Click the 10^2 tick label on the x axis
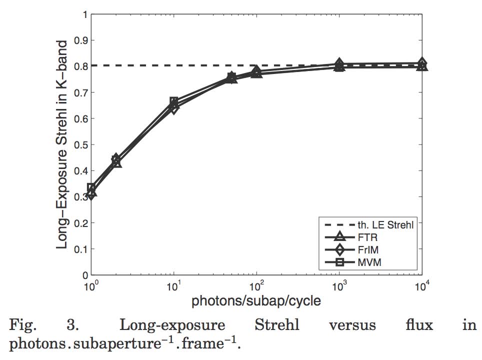click(256, 287)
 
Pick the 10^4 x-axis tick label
click(422, 287)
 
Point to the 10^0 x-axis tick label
click(90, 287)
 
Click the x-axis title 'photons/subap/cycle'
click(256, 302)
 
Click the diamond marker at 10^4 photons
click(422, 63)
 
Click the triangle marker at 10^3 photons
click(339, 66)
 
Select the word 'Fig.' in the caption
click(23, 325)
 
